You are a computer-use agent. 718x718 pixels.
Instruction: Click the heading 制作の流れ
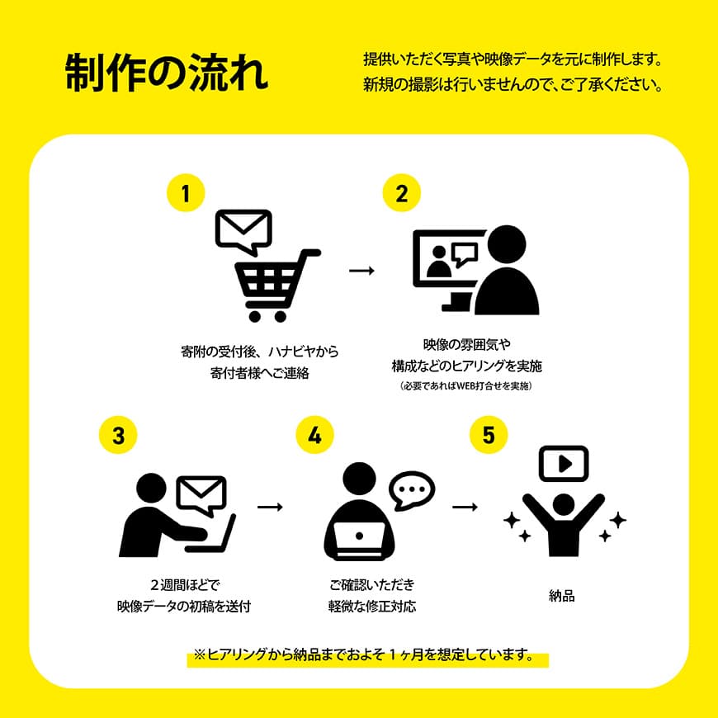click(167, 73)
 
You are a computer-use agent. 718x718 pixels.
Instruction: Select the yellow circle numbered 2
click(401, 194)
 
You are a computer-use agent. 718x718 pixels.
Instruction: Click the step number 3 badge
click(119, 435)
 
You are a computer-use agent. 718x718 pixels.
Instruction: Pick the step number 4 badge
click(314, 435)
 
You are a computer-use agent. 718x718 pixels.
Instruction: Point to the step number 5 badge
click(489, 435)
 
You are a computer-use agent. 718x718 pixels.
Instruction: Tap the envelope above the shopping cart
click(243, 229)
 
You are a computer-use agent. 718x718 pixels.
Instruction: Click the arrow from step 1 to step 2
click(361, 271)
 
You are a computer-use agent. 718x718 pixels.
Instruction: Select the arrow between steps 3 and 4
click(270, 506)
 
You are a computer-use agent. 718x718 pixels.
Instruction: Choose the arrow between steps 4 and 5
click(465, 506)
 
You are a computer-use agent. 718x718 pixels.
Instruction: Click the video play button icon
click(564, 463)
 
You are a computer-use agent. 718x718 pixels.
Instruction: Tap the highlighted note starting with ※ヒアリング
click(367, 656)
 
